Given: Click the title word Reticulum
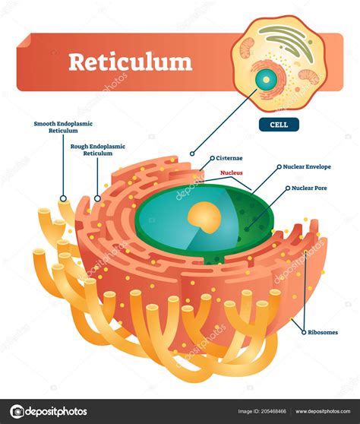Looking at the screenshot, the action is pyautogui.click(x=131, y=62).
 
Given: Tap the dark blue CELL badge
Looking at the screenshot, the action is pyautogui.click(x=279, y=125).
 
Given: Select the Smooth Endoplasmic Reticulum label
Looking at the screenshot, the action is pyautogui.click(x=63, y=127).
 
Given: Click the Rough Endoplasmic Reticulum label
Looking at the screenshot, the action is pyautogui.click(x=98, y=150).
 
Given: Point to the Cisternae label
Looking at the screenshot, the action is pyautogui.click(x=229, y=158).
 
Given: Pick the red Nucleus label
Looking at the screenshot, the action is pyautogui.click(x=232, y=172).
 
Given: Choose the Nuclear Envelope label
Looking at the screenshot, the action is pyautogui.click(x=307, y=166).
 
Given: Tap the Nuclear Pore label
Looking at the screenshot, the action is pyautogui.click(x=309, y=188).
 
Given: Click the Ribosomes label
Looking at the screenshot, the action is pyautogui.click(x=323, y=332).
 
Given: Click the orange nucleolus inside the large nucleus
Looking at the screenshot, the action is pyautogui.click(x=204, y=217).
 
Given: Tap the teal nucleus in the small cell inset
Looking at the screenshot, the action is pyautogui.click(x=267, y=80).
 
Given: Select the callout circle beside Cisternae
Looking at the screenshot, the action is pyautogui.click(x=213, y=158).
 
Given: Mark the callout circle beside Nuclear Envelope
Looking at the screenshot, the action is pyautogui.click(x=279, y=167).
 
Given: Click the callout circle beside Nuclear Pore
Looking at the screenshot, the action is pyautogui.click(x=288, y=188).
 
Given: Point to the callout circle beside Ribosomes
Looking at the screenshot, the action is pyautogui.click(x=304, y=332).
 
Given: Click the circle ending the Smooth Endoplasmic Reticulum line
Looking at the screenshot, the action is pyautogui.click(x=63, y=198).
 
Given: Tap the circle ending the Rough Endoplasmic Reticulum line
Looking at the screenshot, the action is pyautogui.click(x=97, y=198).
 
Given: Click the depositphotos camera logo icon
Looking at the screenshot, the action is pyautogui.click(x=17, y=412).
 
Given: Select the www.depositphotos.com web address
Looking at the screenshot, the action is pyautogui.click(x=323, y=412).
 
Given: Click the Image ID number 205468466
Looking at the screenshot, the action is pyautogui.click(x=273, y=412).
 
